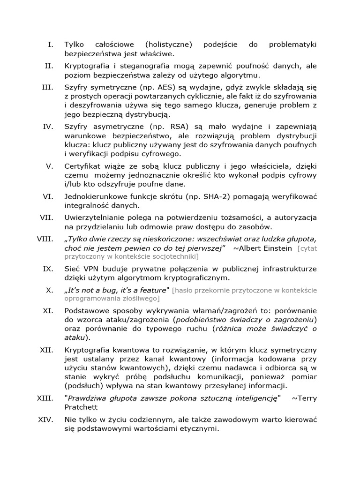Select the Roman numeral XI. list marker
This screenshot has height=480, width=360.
[47, 310]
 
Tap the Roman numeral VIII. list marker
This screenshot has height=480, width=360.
[45, 239]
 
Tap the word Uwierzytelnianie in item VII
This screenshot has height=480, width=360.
[94, 218]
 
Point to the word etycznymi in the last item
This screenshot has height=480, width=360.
[198, 428]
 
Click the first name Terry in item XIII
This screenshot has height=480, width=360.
[307, 398]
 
